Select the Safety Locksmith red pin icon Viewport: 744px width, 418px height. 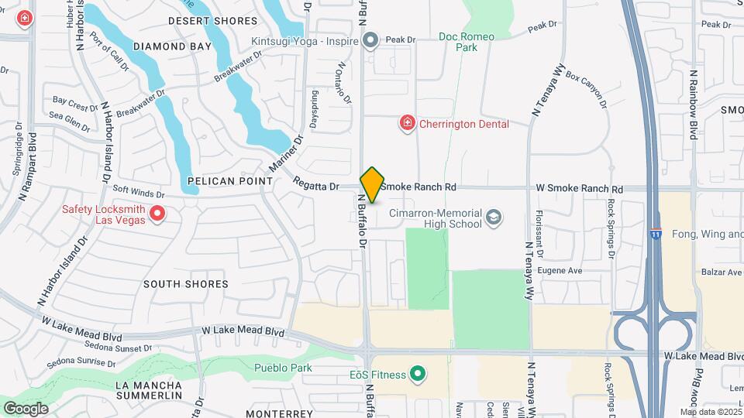point(157,213)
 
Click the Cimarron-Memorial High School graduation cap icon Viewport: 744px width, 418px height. point(493,218)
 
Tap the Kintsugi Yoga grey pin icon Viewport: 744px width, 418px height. point(371,39)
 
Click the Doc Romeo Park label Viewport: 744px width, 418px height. point(468,42)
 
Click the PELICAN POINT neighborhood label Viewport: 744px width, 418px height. point(230,181)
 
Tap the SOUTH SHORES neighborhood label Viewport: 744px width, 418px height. point(186,284)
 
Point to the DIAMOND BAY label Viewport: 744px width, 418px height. point(172,46)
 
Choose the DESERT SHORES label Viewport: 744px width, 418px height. point(212,21)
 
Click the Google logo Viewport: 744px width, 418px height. point(26,408)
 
